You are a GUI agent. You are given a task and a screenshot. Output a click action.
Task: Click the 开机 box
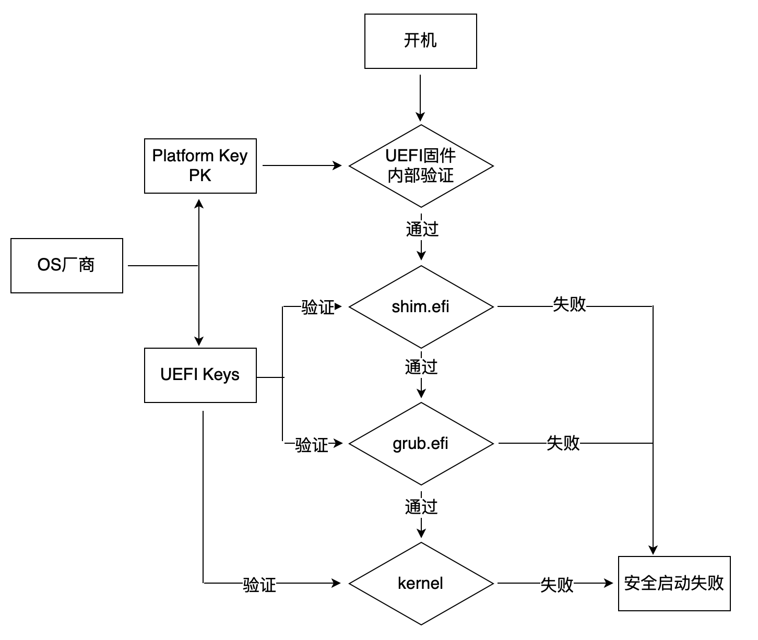pos(420,41)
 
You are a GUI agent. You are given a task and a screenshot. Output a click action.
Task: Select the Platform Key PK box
pos(200,165)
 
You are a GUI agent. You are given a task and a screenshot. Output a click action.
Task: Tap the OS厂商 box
pos(66,265)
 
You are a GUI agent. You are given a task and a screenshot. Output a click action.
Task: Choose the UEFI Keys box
pos(200,375)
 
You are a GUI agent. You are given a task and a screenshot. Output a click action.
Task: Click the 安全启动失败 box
pos(674,583)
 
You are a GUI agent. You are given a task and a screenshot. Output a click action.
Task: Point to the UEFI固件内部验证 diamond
pos(421,166)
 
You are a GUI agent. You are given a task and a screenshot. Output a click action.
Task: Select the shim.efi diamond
pos(421,306)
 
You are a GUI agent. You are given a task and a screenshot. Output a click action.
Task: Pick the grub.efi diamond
pos(421,444)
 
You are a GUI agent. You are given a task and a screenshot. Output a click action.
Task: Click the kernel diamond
pos(421,583)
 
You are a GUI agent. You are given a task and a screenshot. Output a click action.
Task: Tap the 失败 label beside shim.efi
pos(570,304)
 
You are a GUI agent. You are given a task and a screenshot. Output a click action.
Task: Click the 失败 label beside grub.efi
pos(563,443)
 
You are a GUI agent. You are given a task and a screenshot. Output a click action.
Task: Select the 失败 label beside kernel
pos(557,585)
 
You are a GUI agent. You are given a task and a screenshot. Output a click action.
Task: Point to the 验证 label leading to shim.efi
pos(317,307)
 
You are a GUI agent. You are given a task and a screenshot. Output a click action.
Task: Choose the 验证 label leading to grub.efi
pos(312,445)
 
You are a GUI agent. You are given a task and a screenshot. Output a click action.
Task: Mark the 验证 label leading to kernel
pos(259,585)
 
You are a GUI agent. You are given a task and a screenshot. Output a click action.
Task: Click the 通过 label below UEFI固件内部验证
pos(422,229)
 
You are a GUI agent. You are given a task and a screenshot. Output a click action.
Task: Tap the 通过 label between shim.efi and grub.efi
pos(421,367)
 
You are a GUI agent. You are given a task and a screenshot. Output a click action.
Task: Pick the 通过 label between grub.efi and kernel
pos(421,506)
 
